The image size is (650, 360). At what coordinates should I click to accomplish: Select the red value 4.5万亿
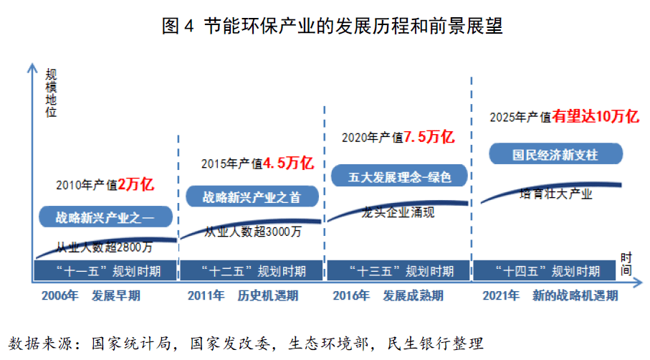coord(288,163)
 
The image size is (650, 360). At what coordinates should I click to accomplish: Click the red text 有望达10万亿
coord(595,116)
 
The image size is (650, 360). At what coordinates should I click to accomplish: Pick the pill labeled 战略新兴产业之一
coord(105,217)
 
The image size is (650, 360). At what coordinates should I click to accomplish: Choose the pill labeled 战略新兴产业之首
coord(251,196)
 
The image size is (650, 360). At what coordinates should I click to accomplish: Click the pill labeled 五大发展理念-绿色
coord(398,176)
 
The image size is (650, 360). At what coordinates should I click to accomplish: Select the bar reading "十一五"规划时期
coord(104,271)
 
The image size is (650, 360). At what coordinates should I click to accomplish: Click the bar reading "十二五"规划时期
coord(251,271)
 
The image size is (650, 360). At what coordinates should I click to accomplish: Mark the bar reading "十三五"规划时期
coord(399,271)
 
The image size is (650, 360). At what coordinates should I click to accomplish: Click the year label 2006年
coord(59,295)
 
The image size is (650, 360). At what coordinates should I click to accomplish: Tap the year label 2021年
coord(502,295)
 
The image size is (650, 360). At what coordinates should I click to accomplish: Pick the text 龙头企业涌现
coord(398,212)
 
